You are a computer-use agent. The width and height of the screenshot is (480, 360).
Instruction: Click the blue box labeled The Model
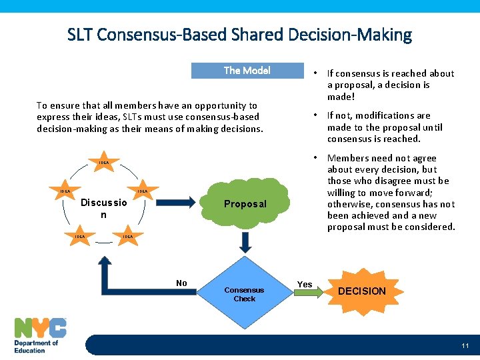247,71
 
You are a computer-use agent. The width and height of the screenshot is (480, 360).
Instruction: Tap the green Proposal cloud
245,203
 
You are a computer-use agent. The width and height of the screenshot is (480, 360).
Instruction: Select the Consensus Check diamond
244,294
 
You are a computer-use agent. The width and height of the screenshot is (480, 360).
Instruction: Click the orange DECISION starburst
361,291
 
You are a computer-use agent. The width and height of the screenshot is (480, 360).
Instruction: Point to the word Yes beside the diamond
305,285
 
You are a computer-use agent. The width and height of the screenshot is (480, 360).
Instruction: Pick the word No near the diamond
181,283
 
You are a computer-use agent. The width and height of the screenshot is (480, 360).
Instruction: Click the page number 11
465,345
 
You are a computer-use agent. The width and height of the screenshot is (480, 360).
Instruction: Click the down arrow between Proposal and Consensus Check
245,243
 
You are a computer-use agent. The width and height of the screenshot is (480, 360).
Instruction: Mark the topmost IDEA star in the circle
104,163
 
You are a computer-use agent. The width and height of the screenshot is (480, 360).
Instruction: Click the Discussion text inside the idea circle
103,208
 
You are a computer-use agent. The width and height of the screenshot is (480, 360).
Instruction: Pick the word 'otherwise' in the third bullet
351,204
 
